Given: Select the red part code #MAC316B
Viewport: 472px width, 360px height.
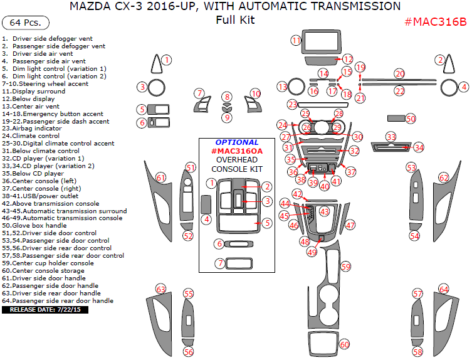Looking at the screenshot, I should click(435, 22).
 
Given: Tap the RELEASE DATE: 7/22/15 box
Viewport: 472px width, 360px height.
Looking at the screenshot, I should click(45, 310).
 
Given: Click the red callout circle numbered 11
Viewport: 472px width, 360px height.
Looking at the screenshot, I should click(296, 40).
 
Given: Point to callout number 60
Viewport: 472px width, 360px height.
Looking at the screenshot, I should click(344, 344).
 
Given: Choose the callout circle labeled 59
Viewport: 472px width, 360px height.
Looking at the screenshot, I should click(345, 267).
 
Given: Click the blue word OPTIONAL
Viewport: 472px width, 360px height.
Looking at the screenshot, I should click(236, 142).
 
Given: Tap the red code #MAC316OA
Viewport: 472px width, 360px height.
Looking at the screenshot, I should click(236, 151).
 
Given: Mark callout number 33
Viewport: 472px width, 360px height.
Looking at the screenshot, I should click(391, 136).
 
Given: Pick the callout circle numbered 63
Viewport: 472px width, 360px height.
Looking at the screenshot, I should click(161, 289).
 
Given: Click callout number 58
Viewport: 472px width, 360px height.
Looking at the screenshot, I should click(418, 352).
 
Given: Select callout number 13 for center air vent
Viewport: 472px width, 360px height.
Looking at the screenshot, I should click(282, 87).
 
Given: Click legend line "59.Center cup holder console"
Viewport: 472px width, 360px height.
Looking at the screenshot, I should click(48, 263).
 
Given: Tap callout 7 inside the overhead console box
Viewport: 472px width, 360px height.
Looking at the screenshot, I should click(220, 263).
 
